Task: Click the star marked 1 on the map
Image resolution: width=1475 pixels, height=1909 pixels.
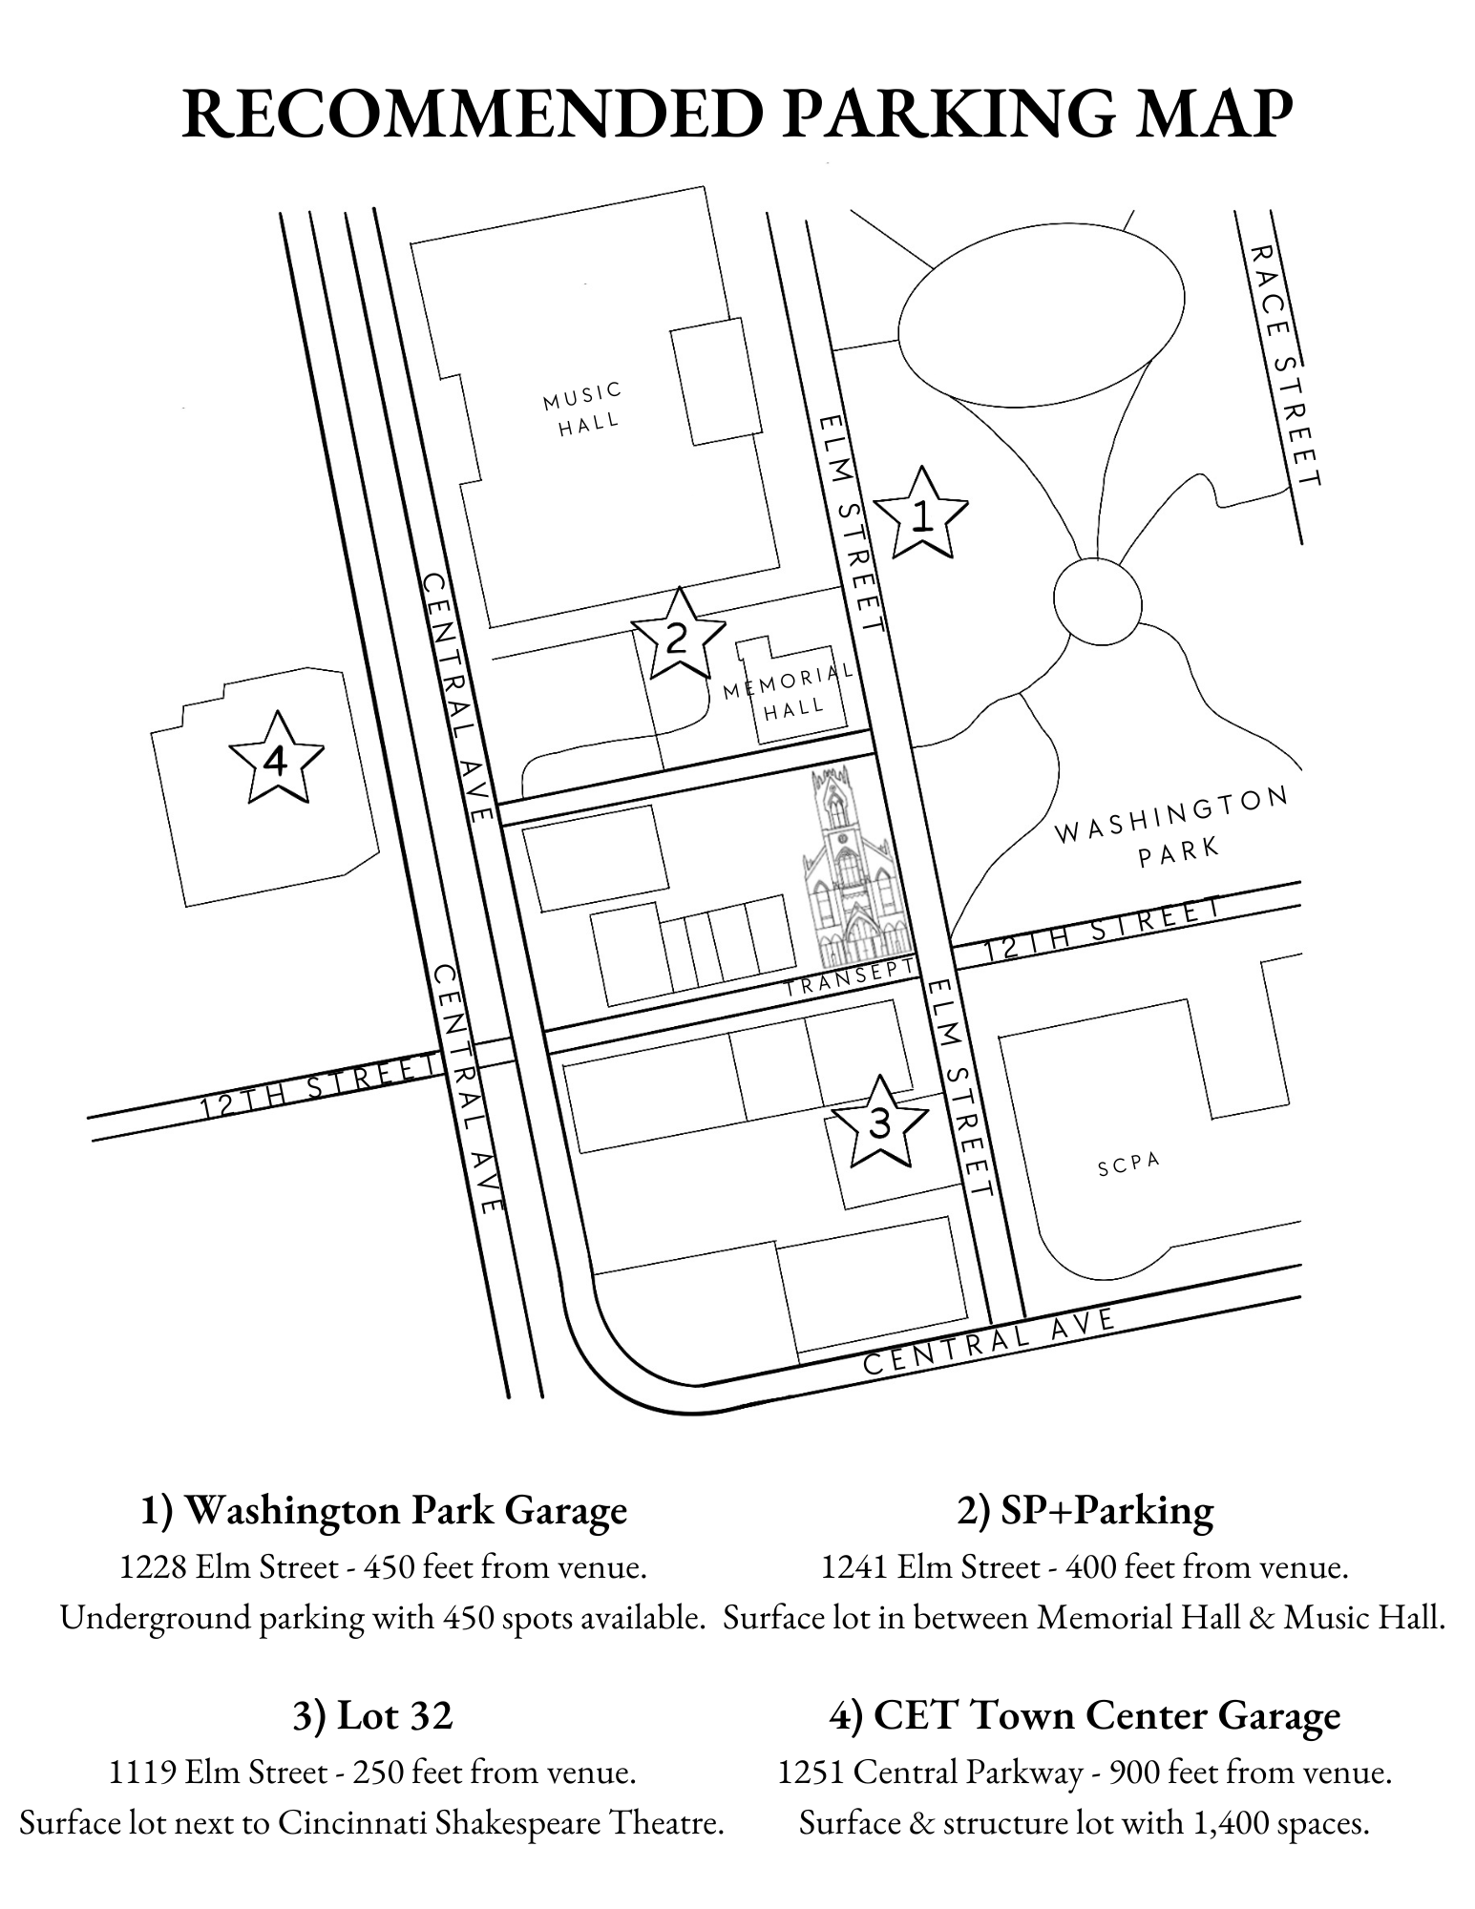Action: (921, 514)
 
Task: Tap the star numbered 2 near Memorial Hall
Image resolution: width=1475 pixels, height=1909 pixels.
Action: (678, 635)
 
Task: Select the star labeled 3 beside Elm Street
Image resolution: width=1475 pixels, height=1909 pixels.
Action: (879, 1122)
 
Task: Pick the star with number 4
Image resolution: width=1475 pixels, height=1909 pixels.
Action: (277, 759)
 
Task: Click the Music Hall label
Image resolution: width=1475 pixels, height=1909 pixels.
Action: (584, 408)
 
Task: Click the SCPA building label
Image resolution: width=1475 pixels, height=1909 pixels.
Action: (1128, 1164)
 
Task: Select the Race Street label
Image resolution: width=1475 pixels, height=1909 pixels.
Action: (1285, 365)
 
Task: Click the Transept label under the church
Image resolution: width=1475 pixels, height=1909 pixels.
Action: (850, 977)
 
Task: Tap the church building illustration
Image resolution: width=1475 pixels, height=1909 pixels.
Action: (852, 866)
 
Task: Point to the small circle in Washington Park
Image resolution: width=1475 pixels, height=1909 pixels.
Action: (1098, 602)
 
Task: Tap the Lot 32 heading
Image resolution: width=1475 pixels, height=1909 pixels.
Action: (372, 1716)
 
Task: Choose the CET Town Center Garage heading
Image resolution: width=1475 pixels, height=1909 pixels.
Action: (1085, 1716)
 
